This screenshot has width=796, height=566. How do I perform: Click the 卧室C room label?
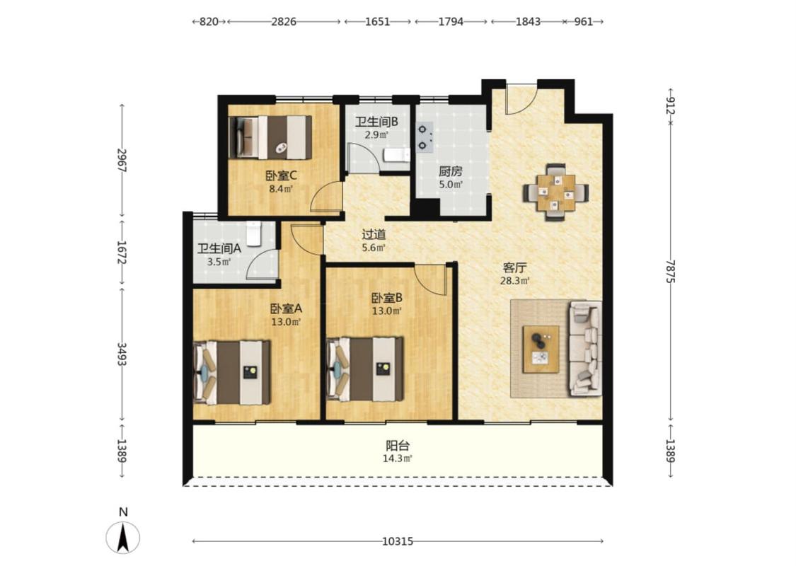click(281, 176)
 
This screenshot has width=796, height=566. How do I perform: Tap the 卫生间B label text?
click(376, 122)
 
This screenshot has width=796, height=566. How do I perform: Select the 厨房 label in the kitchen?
click(451, 172)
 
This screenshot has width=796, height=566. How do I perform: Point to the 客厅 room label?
click(515, 267)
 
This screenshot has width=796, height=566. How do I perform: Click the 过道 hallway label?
click(374, 234)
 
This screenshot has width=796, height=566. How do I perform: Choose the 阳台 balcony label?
click(398, 446)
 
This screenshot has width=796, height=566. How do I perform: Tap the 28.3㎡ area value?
click(515, 281)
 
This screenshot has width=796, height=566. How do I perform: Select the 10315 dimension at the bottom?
click(398, 542)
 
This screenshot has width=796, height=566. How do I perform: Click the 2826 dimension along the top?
click(284, 22)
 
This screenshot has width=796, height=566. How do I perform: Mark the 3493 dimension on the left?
click(122, 354)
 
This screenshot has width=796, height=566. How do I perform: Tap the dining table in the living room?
click(556, 192)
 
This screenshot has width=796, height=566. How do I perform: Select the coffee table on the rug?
click(541, 350)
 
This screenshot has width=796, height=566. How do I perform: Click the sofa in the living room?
click(585, 348)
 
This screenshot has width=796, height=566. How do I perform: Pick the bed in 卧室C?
click(270, 137)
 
